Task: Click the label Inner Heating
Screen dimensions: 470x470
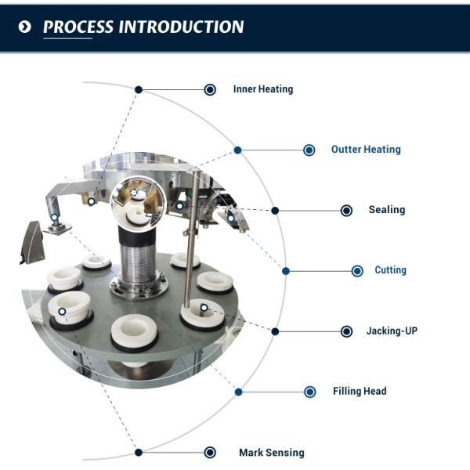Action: (x=262, y=89)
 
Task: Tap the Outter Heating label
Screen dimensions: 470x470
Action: (x=365, y=150)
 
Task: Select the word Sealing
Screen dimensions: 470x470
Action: (x=387, y=210)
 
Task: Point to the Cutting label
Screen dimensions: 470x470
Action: (x=390, y=270)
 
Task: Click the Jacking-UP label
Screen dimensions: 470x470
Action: (x=392, y=331)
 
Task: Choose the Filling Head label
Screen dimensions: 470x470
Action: (x=360, y=391)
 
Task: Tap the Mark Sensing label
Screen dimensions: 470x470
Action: (x=271, y=453)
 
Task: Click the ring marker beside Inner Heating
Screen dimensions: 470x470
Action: (x=210, y=90)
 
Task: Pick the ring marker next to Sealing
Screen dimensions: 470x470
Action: (x=346, y=211)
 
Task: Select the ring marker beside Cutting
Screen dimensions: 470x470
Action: (x=357, y=271)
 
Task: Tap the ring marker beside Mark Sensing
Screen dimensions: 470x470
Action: (x=210, y=453)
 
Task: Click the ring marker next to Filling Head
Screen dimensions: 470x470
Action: (x=310, y=392)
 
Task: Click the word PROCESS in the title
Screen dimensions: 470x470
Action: (x=77, y=27)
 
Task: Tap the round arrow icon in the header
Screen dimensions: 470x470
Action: (x=25, y=27)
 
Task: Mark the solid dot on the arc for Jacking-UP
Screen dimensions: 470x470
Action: (x=275, y=331)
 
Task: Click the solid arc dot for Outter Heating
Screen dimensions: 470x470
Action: (x=237, y=150)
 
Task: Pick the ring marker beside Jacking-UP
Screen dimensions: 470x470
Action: (x=346, y=331)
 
